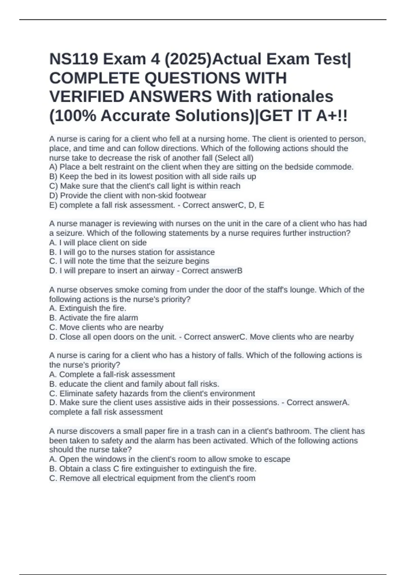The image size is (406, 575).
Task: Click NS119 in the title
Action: pyautogui.click(x=73, y=60)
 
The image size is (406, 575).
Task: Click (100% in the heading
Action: pyautogui.click(x=72, y=116)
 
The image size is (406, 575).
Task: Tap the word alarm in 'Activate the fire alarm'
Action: pyautogui.click(x=128, y=318)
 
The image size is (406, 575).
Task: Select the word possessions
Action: pyautogui.click(x=257, y=402)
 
